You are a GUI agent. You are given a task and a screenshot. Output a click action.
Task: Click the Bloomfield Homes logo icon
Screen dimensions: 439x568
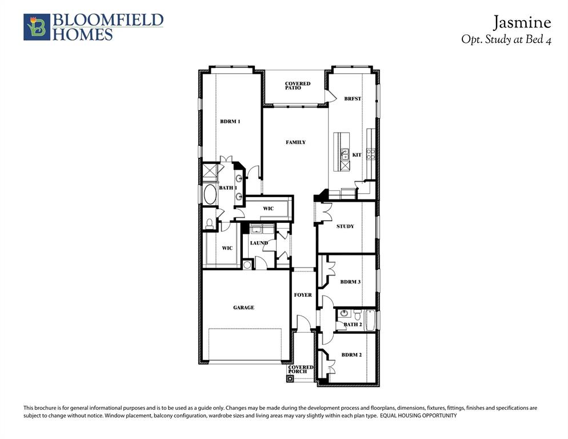[x=37, y=27]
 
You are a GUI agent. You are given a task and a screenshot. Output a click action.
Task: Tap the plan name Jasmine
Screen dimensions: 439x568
[x=522, y=22]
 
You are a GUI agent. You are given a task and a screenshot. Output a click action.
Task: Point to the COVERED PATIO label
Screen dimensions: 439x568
[x=297, y=86]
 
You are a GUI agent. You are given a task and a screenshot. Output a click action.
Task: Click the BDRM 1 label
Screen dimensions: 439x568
[x=230, y=121]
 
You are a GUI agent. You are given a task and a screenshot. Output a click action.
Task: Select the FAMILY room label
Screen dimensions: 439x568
[x=295, y=142]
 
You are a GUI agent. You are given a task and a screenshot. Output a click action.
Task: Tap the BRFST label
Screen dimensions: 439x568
[x=353, y=99]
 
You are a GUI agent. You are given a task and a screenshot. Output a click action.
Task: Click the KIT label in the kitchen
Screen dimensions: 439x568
[x=357, y=155]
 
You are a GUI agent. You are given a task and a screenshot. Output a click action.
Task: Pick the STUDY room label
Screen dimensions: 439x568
[x=345, y=226]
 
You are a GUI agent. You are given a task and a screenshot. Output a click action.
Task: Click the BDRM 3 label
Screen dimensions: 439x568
[x=350, y=282]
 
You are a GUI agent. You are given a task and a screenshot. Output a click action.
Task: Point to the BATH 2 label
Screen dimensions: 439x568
[x=353, y=325]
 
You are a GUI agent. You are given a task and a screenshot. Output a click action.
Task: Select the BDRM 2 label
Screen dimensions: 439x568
[x=351, y=355]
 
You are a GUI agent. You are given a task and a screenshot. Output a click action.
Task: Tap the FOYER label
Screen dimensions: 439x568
[x=303, y=295]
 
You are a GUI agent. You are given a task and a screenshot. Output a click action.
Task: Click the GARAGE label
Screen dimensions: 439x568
[x=243, y=308]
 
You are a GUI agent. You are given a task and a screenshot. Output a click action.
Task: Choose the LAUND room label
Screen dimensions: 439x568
[x=259, y=243]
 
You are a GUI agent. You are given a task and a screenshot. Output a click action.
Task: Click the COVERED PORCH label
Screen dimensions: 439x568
[x=301, y=369]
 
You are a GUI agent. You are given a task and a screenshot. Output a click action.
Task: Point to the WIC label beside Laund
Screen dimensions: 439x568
[x=227, y=248]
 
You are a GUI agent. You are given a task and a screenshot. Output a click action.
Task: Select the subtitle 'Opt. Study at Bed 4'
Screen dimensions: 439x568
[x=506, y=40]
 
